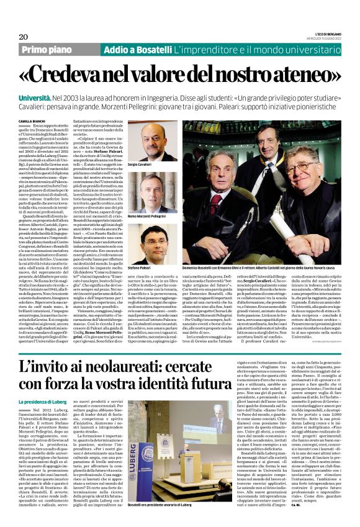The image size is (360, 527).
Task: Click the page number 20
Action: (24, 37)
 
